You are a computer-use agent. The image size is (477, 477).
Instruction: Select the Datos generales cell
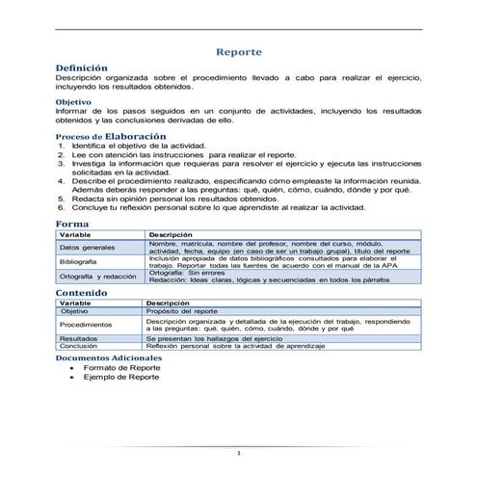coord(88,249)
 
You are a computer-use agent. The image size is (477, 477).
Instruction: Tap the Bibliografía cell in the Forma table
coord(78,262)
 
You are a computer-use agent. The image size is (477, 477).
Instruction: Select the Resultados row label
coord(78,339)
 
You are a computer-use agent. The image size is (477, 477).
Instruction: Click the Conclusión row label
coord(78,346)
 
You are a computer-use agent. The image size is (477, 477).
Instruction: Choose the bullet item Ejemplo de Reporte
coord(121,378)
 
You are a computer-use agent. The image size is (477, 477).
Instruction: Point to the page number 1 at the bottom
coord(238,453)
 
